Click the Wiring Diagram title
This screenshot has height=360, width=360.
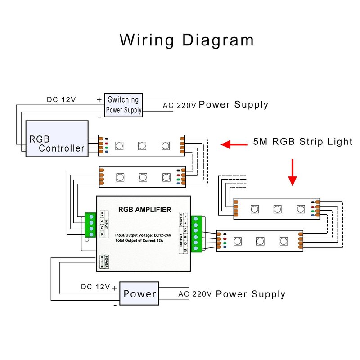click(x=186, y=40)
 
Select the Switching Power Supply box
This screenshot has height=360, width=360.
click(x=124, y=105)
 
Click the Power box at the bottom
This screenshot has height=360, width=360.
click(x=139, y=294)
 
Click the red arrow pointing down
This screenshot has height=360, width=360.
click(x=292, y=172)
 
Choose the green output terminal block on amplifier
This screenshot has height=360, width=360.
click(x=196, y=234)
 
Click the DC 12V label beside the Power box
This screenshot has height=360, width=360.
click(x=95, y=287)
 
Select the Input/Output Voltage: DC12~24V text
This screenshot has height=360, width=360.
click(x=144, y=235)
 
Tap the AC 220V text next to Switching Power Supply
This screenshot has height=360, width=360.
click(x=180, y=105)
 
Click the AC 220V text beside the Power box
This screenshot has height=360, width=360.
click(x=195, y=294)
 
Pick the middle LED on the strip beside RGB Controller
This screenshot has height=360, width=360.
click(x=141, y=146)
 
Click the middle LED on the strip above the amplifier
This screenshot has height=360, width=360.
click(x=143, y=177)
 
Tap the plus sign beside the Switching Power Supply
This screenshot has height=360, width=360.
click(x=99, y=99)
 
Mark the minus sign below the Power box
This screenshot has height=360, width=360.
click(x=115, y=305)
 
